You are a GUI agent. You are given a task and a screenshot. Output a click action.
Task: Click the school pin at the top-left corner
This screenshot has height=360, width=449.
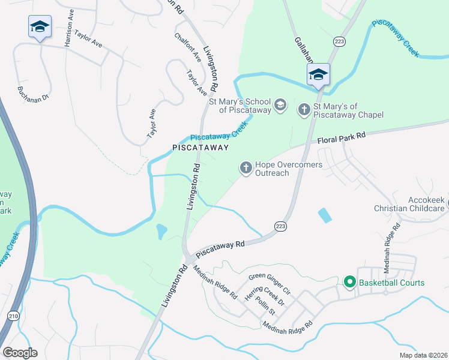click(40, 27)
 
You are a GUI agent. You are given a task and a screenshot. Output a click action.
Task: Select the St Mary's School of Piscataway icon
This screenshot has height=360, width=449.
click(280, 106)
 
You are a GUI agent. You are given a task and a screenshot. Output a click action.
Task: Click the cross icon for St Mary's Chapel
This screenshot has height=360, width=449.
click(304, 109)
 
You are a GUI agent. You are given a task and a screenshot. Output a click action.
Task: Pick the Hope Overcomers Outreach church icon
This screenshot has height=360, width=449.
click(246, 168)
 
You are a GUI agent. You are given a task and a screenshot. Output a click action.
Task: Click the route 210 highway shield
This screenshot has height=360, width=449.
click(13, 315)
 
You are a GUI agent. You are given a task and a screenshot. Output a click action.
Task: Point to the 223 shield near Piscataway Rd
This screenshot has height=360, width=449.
click(280, 226)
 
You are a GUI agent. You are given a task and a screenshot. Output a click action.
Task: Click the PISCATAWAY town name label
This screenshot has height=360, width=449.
click(200, 147)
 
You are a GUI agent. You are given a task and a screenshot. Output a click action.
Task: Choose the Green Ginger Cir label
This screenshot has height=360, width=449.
click(270, 284)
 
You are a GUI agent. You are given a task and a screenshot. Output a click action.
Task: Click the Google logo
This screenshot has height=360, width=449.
click(20, 353)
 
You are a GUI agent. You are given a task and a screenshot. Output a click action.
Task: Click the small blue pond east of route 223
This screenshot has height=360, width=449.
click(324, 215)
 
